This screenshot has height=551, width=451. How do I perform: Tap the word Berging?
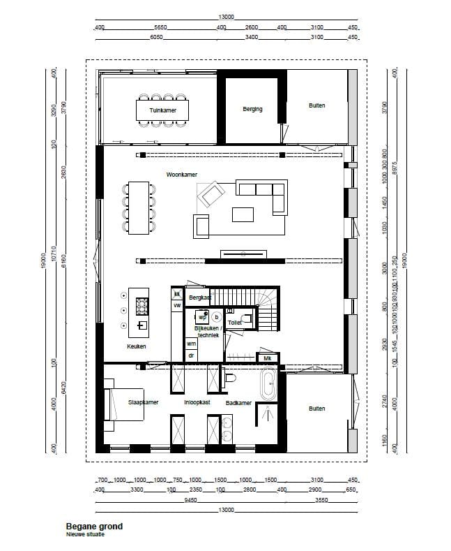(x=252, y=109)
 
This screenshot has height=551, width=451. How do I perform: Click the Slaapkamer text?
(x=144, y=402)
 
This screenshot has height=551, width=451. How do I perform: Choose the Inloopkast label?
(x=197, y=402)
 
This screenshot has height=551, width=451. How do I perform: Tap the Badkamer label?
(x=238, y=402)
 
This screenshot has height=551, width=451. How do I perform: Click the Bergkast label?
(x=200, y=297)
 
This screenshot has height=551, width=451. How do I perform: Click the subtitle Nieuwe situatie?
(x=85, y=534)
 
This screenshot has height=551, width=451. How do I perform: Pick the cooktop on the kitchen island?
(x=142, y=305)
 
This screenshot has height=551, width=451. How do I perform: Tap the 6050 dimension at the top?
(x=155, y=37)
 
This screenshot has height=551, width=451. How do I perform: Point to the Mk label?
(x=267, y=358)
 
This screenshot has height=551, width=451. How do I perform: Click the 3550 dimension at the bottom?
(x=321, y=500)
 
